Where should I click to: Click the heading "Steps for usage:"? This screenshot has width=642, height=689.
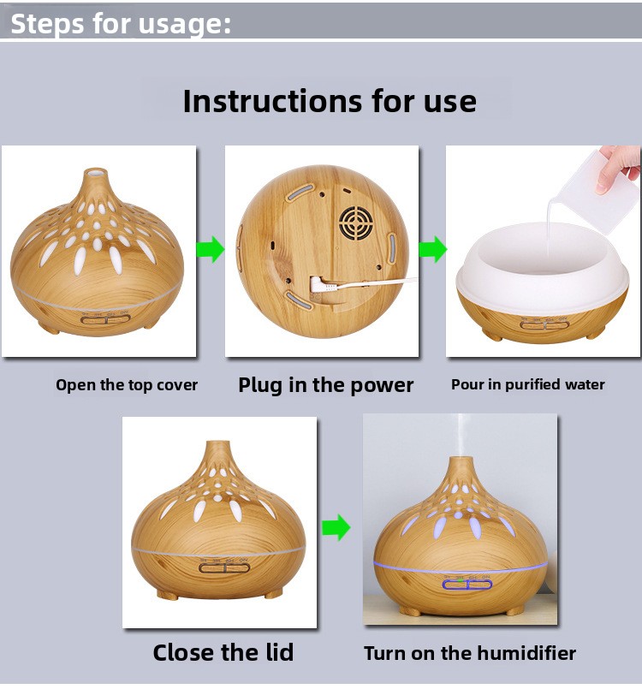(121, 24)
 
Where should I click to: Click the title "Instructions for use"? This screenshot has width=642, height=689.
(330, 102)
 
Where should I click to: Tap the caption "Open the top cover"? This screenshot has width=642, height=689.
(127, 385)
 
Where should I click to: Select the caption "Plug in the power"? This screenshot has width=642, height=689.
(325, 385)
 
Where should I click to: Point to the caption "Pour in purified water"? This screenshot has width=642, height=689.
(528, 385)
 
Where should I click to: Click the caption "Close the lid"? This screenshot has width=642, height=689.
(223, 652)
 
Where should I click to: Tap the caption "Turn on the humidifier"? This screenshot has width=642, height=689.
(470, 653)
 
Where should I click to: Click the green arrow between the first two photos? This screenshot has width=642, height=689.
(210, 249)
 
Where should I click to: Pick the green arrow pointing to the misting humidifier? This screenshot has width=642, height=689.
(336, 527)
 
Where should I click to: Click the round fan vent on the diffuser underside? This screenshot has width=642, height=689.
(356, 223)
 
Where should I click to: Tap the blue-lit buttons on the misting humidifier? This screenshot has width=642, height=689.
(467, 585)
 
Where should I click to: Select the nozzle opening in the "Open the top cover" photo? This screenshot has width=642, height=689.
(96, 171)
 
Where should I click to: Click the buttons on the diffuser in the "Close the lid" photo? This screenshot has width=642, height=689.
(224, 567)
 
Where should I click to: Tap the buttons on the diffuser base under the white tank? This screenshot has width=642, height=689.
(544, 325)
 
